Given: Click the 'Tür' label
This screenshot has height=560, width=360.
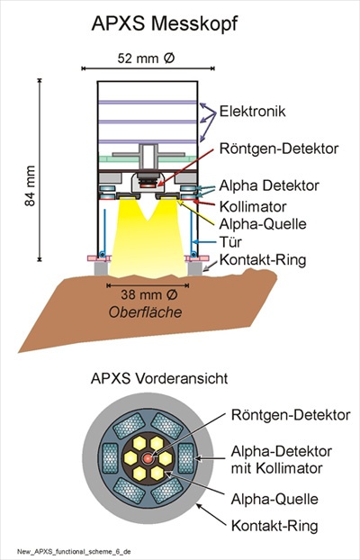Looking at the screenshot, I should pyautogui.click(x=230, y=242).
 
